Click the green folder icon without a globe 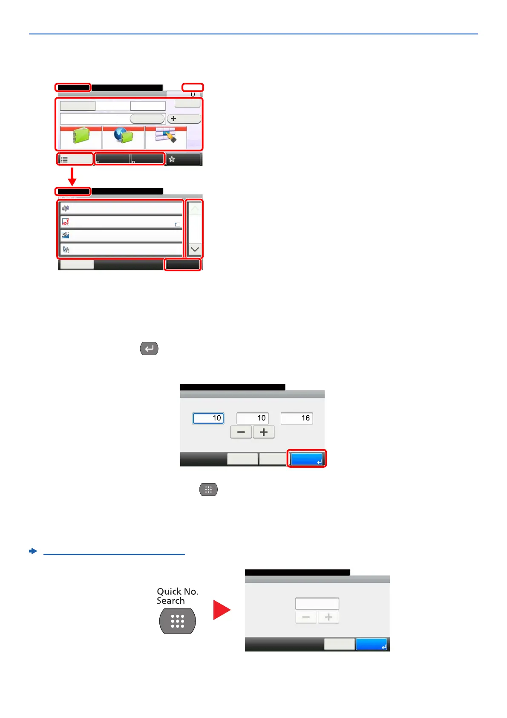click(81, 137)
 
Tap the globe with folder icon click(124, 136)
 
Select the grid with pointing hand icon click(166, 136)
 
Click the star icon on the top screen click(172, 159)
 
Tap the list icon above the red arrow click(64, 159)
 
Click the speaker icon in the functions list click(66, 208)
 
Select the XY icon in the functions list click(66, 222)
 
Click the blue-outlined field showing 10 click(208, 418)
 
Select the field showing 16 click(297, 418)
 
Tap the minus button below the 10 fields click(241, 432)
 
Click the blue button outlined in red click(307, 459)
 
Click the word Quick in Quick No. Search click(169, 591)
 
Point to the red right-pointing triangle click(221, 610)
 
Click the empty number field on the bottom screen click(317, 603)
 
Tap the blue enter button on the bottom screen click(372, 644)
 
